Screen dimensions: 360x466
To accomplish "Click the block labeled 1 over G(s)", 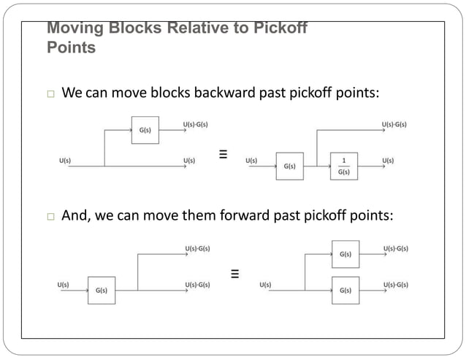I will pyautogui.click(x=344, y=166).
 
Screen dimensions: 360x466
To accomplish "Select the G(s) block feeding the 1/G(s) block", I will pyautogui.click(x=289, y=166).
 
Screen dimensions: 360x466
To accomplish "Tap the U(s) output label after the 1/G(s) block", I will pyautogui.click(x=388, y=160).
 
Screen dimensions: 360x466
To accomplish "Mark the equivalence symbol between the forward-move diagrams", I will pyautogui.click(x=235, y=275).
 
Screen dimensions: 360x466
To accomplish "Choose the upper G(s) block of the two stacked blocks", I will pyautogui.click(x=345, y=254).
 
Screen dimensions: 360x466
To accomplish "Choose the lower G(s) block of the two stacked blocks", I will pyautogui.click(x=345, y=290).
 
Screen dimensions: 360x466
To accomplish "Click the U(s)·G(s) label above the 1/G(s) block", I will pyautogui.click(x=394, y=125).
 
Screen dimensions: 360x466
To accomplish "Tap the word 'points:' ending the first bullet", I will pyautogui.click(x=356, y=93).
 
